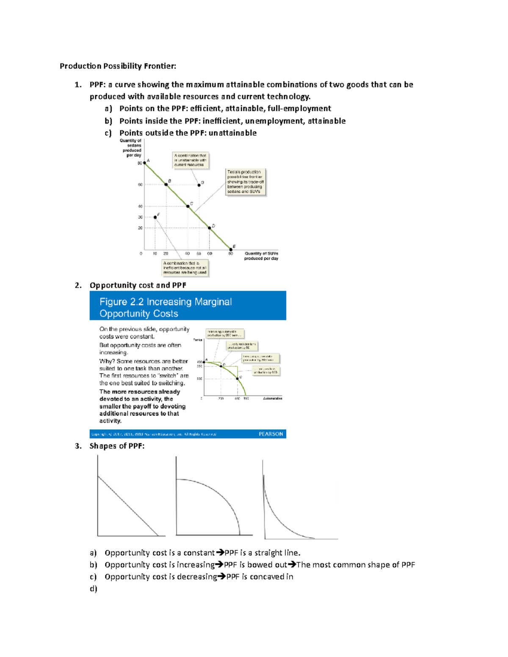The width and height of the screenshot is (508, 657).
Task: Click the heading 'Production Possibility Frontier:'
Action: (x=118, y=66)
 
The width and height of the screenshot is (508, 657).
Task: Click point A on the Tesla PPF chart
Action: (x=144, y=162)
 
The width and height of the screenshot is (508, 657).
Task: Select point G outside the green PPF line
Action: (x=199, y=185)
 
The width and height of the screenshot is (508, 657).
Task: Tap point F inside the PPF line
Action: (x=155, y=217)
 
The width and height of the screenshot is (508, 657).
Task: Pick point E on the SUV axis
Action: (x=231, y=249)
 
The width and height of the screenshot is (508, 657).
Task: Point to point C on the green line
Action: (x=188, y=206)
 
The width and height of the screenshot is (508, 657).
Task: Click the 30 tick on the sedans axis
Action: (x=140, y=217)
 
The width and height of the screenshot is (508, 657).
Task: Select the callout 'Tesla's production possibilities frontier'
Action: (x=245, y=182)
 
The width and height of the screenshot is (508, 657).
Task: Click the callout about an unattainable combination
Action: (x=190, y=160)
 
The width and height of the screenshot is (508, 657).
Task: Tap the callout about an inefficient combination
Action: (x=185, y=268)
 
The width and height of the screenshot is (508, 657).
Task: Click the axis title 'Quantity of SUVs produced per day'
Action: (x=261, y=256)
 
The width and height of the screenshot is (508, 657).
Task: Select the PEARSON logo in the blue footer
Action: (x=271, y=434)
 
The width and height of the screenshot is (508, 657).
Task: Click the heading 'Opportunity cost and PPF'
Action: (x=138, y=285)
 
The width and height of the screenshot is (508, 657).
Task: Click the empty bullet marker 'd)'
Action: (x=93, y=588)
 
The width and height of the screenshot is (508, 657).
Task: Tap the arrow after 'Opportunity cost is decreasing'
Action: (x=221, y=577)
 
